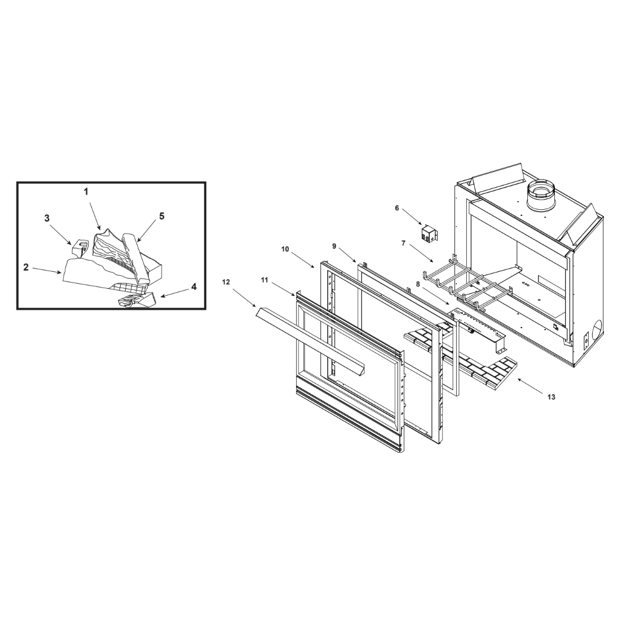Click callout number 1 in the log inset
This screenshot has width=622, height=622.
(x=86, y=192)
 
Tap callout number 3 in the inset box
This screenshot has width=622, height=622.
(x=47, y=218)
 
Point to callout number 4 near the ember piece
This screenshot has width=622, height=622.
(x=194, y=286)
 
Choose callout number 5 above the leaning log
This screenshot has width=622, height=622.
(x=162, y=216)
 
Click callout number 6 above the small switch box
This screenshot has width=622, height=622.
(x=396, y=208)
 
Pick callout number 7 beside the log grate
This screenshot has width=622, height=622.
(x=403, y=243)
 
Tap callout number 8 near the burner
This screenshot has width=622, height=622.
(x=418, y=284)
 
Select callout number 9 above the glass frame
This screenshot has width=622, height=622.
(x=334, y=246)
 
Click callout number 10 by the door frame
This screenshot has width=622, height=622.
(x=285, y=249)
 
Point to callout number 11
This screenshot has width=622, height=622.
(x=264, y=280)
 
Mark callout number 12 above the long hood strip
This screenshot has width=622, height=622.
(x=226, y=282)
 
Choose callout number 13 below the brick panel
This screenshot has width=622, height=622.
(x=552, y=396)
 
